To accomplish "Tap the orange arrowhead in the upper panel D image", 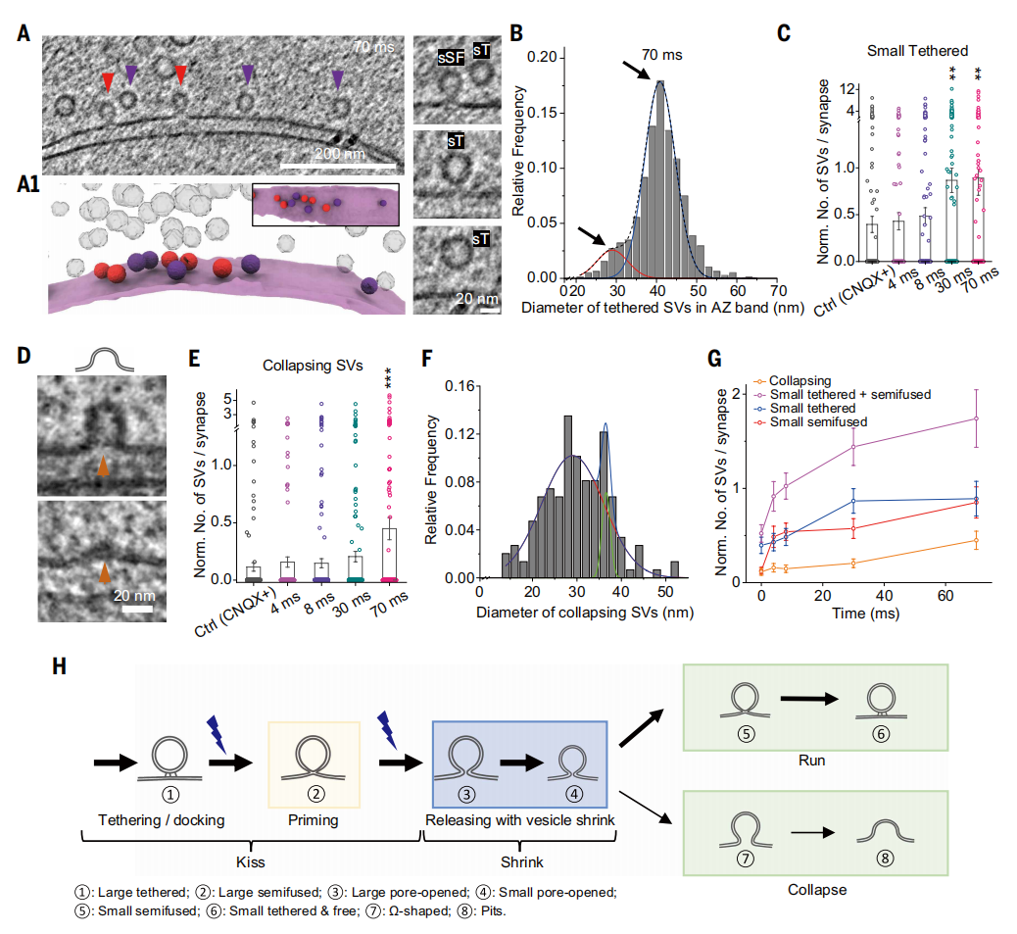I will pos(102,467).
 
